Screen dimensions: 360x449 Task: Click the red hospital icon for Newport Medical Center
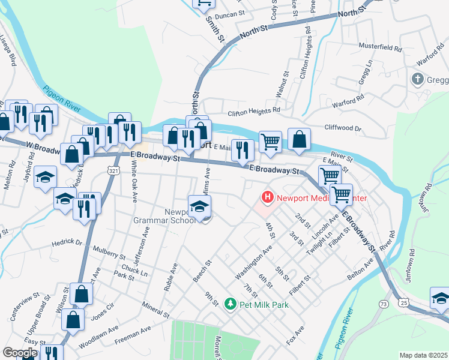click(x=266, y=197)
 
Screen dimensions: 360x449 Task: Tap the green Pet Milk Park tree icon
click(x=229, y=305)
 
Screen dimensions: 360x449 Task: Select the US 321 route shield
click(x=113, y=172)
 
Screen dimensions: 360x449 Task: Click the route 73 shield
click(x=384, y=305)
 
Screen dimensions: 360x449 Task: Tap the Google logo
click(x=20, y=353)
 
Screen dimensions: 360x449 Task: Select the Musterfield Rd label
click(x=379, y=46)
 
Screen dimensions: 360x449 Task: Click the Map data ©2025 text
click(x=423, y=355)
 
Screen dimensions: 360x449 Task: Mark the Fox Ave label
click(x=295, y=335)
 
